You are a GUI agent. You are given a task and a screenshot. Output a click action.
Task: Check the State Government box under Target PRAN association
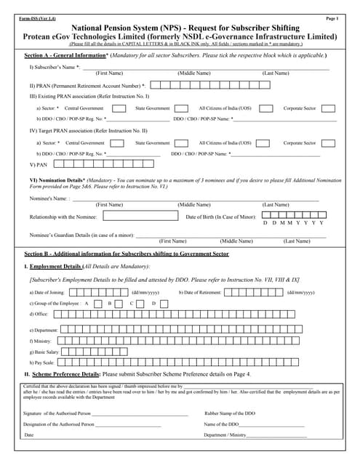point(182,143)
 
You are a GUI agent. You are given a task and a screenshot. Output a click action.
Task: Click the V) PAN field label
point(39,164)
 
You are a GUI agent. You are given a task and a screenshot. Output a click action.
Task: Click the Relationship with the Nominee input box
point(140,216)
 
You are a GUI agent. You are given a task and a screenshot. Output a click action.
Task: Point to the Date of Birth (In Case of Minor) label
point(221,217)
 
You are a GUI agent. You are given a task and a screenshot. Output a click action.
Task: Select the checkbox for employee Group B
point(120,303)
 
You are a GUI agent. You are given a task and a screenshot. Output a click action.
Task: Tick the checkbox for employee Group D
point(165,303)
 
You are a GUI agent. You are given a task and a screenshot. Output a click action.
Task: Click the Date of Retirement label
point(201,291)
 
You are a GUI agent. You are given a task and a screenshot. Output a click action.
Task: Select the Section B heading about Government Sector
point(127,254)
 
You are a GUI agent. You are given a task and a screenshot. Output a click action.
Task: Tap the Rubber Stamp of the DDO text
point(230,413)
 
